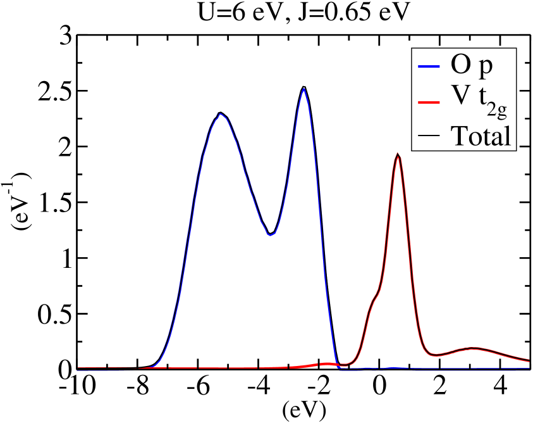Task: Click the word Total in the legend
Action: pos(480,135)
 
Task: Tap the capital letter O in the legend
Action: pos(460,65)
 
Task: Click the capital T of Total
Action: pos(458,135)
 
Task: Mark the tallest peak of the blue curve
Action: pos(304,89)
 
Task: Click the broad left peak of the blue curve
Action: pos(220,114)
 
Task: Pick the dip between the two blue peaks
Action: pos(270,235)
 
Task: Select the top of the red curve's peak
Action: pos(397,153)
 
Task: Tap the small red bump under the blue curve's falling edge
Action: pos(326,364)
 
